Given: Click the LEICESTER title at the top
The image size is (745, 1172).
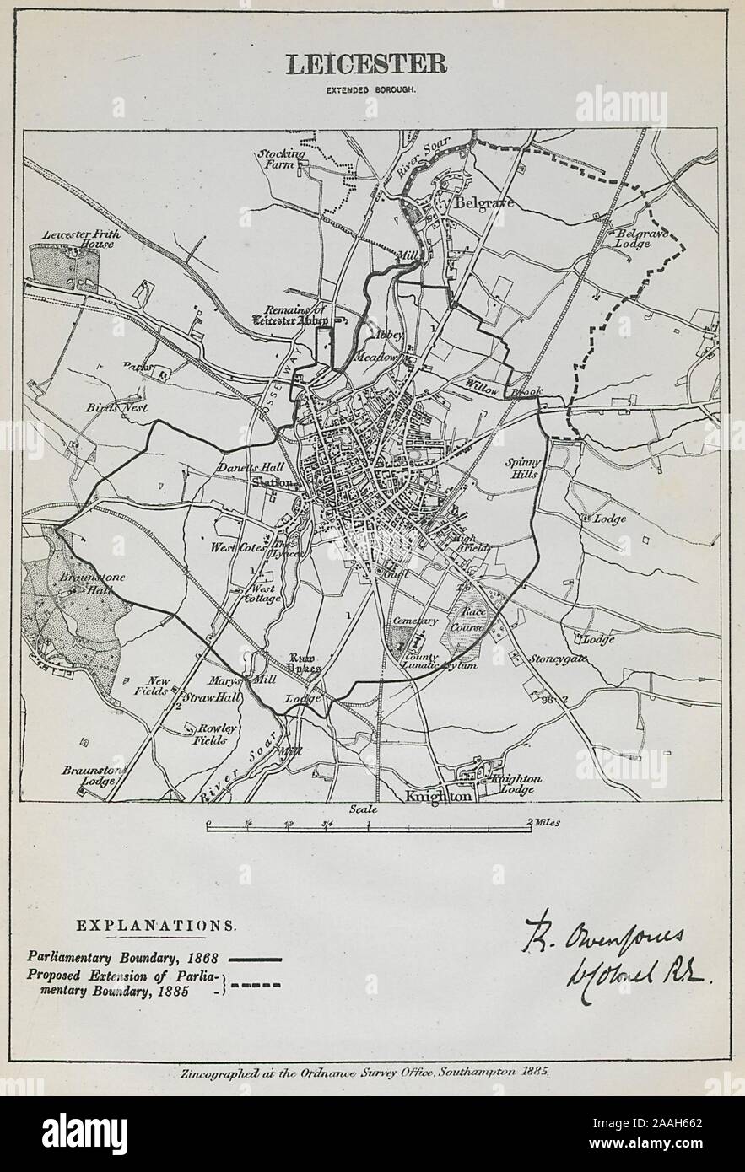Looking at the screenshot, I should click(x=365, y=64).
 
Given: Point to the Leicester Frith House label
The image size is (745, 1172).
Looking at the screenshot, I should click(x=81, y=239).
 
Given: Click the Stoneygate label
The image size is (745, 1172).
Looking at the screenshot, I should click(x=559, y=659).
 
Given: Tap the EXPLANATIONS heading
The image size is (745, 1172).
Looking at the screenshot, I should click(x=156, y=925).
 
